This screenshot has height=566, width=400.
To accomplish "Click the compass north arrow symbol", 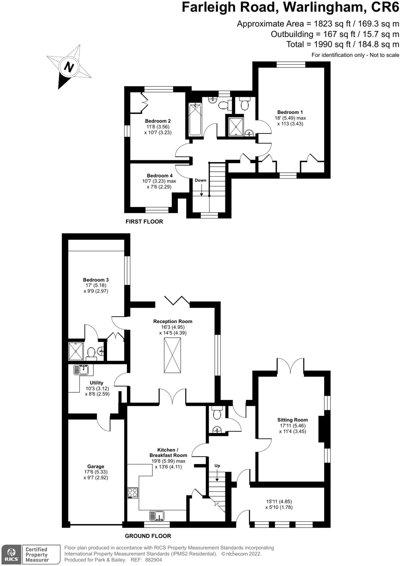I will [69, 67].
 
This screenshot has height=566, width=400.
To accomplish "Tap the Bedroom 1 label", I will [290, 112].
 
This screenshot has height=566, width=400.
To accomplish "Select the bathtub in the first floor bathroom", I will [195, 119].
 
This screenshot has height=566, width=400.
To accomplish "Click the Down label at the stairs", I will [200, 180].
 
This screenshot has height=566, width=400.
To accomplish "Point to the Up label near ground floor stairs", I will [217, 466].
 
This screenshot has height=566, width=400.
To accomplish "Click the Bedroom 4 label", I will [159, 175].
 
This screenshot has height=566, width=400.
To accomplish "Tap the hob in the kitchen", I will [133, 493].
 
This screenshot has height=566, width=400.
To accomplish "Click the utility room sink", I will [82, 370].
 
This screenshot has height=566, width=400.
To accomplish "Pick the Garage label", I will [96, 467].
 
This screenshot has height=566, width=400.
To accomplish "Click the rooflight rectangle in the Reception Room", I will [172, 355].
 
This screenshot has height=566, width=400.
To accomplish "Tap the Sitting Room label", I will [292, 420].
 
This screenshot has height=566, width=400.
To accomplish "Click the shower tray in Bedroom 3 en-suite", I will [75, 351].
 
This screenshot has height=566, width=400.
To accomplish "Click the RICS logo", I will [11, 554].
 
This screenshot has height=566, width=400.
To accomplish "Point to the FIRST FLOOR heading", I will [144, 222].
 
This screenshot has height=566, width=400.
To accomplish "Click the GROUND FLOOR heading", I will [148, 536].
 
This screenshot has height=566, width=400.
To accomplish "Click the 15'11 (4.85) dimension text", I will [279, 501].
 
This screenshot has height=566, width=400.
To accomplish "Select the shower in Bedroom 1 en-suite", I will [236, 127].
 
